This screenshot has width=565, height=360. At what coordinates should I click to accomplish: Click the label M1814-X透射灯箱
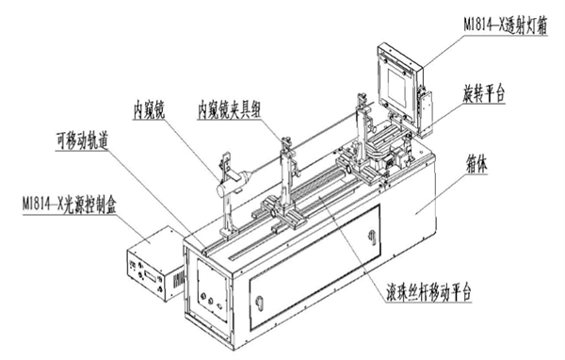pos(505,26)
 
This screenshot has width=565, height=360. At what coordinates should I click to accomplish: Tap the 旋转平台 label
pos(484,94)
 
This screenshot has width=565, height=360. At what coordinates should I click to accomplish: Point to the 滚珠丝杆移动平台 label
pos(428,291)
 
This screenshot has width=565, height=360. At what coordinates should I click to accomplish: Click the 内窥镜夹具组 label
pos(229,109)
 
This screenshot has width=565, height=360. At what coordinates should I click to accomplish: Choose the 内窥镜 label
pos(149,109)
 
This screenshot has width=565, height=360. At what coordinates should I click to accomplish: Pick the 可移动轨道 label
pos(82,140)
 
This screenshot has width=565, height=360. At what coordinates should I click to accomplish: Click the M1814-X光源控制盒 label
pos(70,205)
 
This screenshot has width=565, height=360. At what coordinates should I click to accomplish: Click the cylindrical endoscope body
pos(233,185)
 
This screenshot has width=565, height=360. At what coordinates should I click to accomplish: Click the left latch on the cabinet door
pos(259,303)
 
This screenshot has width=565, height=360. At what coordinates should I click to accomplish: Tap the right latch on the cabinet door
pos(372,237)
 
